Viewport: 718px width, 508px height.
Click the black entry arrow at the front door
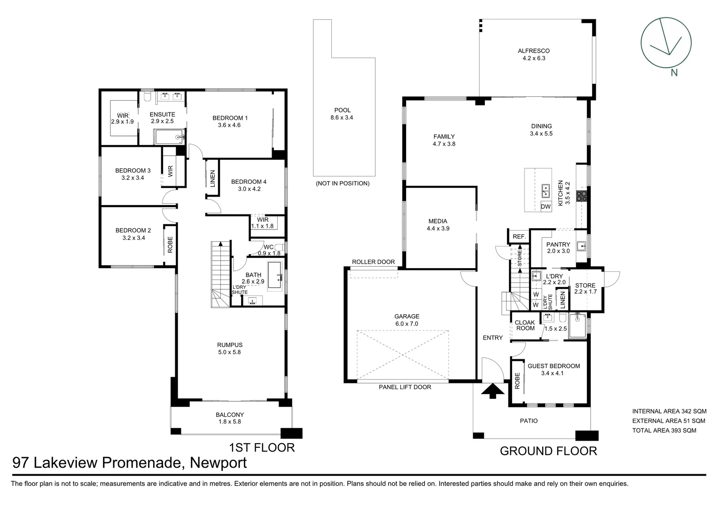pos(492,390)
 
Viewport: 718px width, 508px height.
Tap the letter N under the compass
pos(674,72)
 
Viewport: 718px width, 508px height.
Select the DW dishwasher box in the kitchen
pos(546,206)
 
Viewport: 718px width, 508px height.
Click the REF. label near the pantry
pos(519,237)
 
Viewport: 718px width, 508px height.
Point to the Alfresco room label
pos(533,51)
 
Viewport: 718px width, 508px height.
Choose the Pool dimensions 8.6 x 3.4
pos(342,118)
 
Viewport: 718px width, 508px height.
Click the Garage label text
pos(406,317)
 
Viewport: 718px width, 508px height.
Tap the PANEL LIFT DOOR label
pos(405,387)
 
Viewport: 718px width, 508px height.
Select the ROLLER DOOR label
pos(373,262)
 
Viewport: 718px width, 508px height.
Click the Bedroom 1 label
pos(230,118)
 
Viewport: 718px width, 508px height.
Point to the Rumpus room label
pos(229,345)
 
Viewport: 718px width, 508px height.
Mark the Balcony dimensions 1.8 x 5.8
pos(230,422)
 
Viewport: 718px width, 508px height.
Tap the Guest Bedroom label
pos(554,366)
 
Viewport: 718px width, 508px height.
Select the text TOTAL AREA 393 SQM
pos(664,430)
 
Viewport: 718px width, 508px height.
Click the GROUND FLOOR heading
pos(548,451)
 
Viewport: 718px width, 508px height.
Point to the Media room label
pos(437,221)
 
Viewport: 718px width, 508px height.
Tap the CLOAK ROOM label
pos(525,325)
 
